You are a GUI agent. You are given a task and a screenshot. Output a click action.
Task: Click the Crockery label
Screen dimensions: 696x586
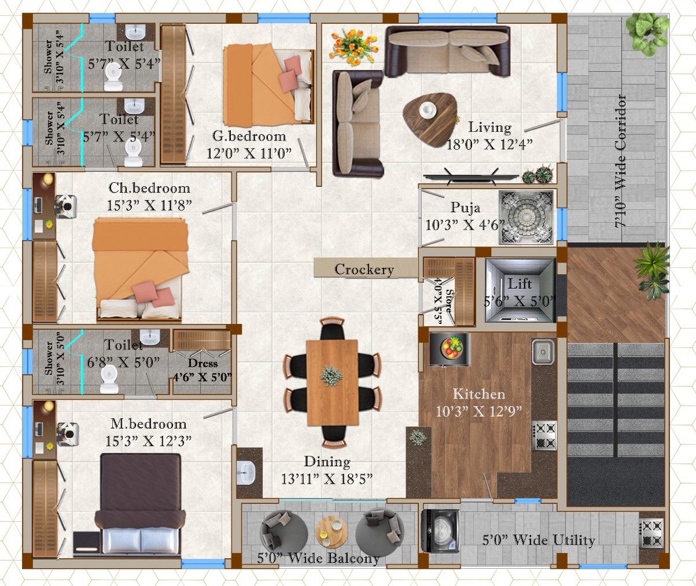(364, 270)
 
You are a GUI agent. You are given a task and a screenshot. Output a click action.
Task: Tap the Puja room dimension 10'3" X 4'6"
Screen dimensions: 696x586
(465, 225)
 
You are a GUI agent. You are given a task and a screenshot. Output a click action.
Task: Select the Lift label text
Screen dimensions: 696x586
(520, 284)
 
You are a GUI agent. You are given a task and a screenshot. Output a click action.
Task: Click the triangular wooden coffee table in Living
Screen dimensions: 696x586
(430, 119)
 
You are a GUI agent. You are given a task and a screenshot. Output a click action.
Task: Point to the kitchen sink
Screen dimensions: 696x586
(543, 352)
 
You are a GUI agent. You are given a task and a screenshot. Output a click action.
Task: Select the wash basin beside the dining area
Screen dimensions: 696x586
(246, 473)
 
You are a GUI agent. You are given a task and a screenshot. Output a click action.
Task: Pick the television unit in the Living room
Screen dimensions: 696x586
(471, 178)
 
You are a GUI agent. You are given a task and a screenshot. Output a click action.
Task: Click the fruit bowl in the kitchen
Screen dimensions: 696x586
(452, 348)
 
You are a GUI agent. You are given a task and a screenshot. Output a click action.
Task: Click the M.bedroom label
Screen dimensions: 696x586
(148, 424)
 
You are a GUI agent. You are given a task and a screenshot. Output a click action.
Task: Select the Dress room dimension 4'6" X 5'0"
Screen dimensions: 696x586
(202, 377)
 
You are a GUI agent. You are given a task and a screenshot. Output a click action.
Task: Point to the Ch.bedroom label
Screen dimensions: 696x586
(149, 189)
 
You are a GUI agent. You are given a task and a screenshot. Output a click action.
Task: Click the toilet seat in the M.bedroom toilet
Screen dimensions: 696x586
(109, 379)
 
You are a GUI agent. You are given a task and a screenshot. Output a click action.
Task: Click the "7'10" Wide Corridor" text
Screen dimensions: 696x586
(620, 161)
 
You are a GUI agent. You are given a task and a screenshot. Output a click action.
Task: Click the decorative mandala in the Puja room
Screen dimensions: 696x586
(526, 218)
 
